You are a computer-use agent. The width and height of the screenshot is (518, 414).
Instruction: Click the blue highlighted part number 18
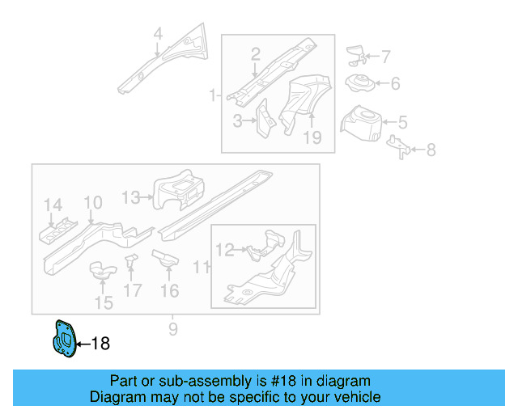click(64, 339)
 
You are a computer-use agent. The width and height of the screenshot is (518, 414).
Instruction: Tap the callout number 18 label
click(100, 344)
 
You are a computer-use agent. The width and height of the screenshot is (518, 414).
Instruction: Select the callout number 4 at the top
click(158, 34)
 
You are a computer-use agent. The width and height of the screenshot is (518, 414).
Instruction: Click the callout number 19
click(312, 138)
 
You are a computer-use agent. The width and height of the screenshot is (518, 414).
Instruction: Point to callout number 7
click(385, 57)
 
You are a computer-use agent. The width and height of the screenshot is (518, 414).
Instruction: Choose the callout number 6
click(395, 83)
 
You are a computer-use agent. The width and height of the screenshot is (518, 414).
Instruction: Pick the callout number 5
click(402, 123)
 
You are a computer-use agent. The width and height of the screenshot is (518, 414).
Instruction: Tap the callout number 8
click(431, 150)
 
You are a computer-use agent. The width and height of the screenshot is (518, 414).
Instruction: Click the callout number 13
click(131, 196)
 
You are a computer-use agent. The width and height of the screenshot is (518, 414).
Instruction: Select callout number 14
click(53, 205)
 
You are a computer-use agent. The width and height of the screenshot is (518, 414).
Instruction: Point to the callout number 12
click(224, 251)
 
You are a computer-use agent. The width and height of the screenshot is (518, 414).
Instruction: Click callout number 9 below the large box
click(172, 329)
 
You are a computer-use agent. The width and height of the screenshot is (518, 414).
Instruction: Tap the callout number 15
click(104, 303)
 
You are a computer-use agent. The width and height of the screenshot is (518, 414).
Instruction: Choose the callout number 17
click(133, 290)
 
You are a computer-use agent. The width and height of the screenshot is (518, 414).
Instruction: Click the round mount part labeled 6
click(359, 82)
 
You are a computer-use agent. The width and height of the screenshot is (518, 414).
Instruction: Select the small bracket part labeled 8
click(399, 146)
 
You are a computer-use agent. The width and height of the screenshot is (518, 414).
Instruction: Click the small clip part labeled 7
click(355, 54)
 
